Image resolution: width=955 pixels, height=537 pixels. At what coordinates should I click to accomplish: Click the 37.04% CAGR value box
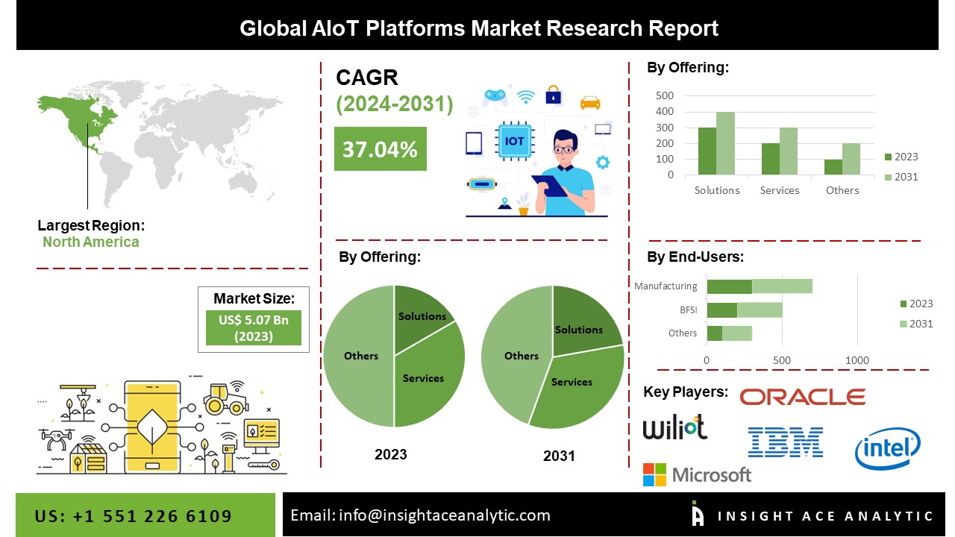point(380,149)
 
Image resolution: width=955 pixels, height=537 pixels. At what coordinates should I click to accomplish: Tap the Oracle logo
point(802,397)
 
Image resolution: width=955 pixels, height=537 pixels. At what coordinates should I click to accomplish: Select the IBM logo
point(785,442)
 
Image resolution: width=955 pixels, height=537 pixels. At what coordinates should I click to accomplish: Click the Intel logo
point(887,448)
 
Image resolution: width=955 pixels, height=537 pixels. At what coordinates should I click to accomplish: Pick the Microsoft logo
point(697,474)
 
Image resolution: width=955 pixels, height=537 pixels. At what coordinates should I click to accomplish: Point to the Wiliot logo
point(674,427)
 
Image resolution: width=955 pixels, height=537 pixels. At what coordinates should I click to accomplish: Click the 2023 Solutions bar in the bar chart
point(707,151)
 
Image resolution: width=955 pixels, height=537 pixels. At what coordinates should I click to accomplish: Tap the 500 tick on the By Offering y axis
point(665,95)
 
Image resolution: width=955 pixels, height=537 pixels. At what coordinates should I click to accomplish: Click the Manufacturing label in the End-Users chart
point(666,286)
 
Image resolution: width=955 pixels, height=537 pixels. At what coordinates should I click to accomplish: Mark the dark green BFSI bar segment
point(721,310)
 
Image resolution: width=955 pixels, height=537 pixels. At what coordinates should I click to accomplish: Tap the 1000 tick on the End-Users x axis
point(857,360)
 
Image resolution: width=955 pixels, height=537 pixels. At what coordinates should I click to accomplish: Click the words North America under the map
point(90,242)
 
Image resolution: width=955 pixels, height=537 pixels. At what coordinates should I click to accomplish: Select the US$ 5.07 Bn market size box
point(253,327)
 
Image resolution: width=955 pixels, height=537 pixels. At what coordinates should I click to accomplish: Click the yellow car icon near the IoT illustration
point(589,102)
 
